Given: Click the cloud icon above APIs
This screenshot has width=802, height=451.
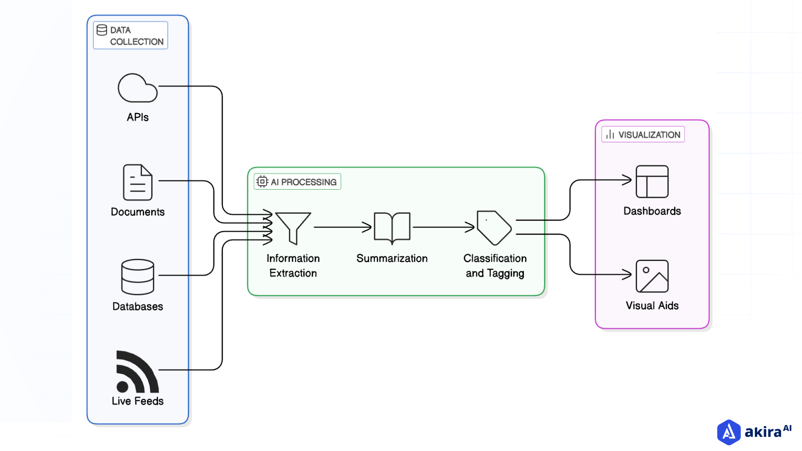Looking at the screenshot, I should (137, 89).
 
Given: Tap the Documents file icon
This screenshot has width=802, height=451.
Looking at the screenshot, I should (137, 182).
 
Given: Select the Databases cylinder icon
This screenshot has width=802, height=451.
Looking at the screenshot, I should (137, 277).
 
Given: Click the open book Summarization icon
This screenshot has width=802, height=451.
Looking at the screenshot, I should (392, 228).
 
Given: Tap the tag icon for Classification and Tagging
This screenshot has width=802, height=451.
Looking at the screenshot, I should (494, 228).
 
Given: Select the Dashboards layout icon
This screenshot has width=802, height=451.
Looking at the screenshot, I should (652, 182).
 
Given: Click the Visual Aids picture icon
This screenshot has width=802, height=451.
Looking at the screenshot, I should (652, 276).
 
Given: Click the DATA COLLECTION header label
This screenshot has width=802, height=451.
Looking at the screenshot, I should (131, 35).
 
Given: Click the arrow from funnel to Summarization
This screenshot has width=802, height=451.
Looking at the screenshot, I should (343, 227).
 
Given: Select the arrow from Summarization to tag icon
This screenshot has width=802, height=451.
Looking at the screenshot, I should (444, 227).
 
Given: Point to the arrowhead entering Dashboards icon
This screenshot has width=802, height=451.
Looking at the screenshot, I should (627, 180).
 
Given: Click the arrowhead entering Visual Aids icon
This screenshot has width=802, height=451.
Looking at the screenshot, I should (627, 274).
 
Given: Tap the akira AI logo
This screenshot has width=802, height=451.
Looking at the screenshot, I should (754, 432).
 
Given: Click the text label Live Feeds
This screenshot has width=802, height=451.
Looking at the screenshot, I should (137, 401).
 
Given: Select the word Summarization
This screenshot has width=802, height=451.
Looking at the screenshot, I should (392, 258).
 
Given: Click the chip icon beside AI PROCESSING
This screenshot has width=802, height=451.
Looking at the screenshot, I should (262, 182).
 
